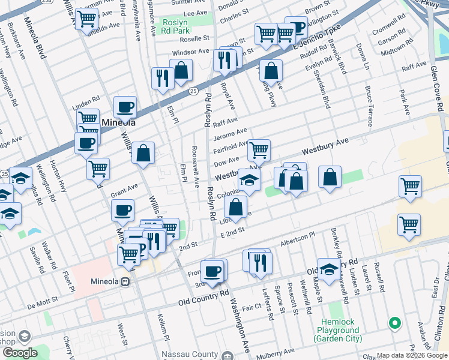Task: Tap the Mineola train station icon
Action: tap(125, 281)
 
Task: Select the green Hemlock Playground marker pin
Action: tap(394, 324)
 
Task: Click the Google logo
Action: tap(19, 353)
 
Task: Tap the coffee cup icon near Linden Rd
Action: tap(125, 107)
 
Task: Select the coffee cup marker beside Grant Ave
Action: tap(122, 210)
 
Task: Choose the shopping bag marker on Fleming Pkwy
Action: tap(271, 70)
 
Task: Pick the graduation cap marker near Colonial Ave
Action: tap(249, 179)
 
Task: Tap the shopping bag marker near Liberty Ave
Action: tap(236, 207)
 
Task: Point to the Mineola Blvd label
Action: tap(34, 40)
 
